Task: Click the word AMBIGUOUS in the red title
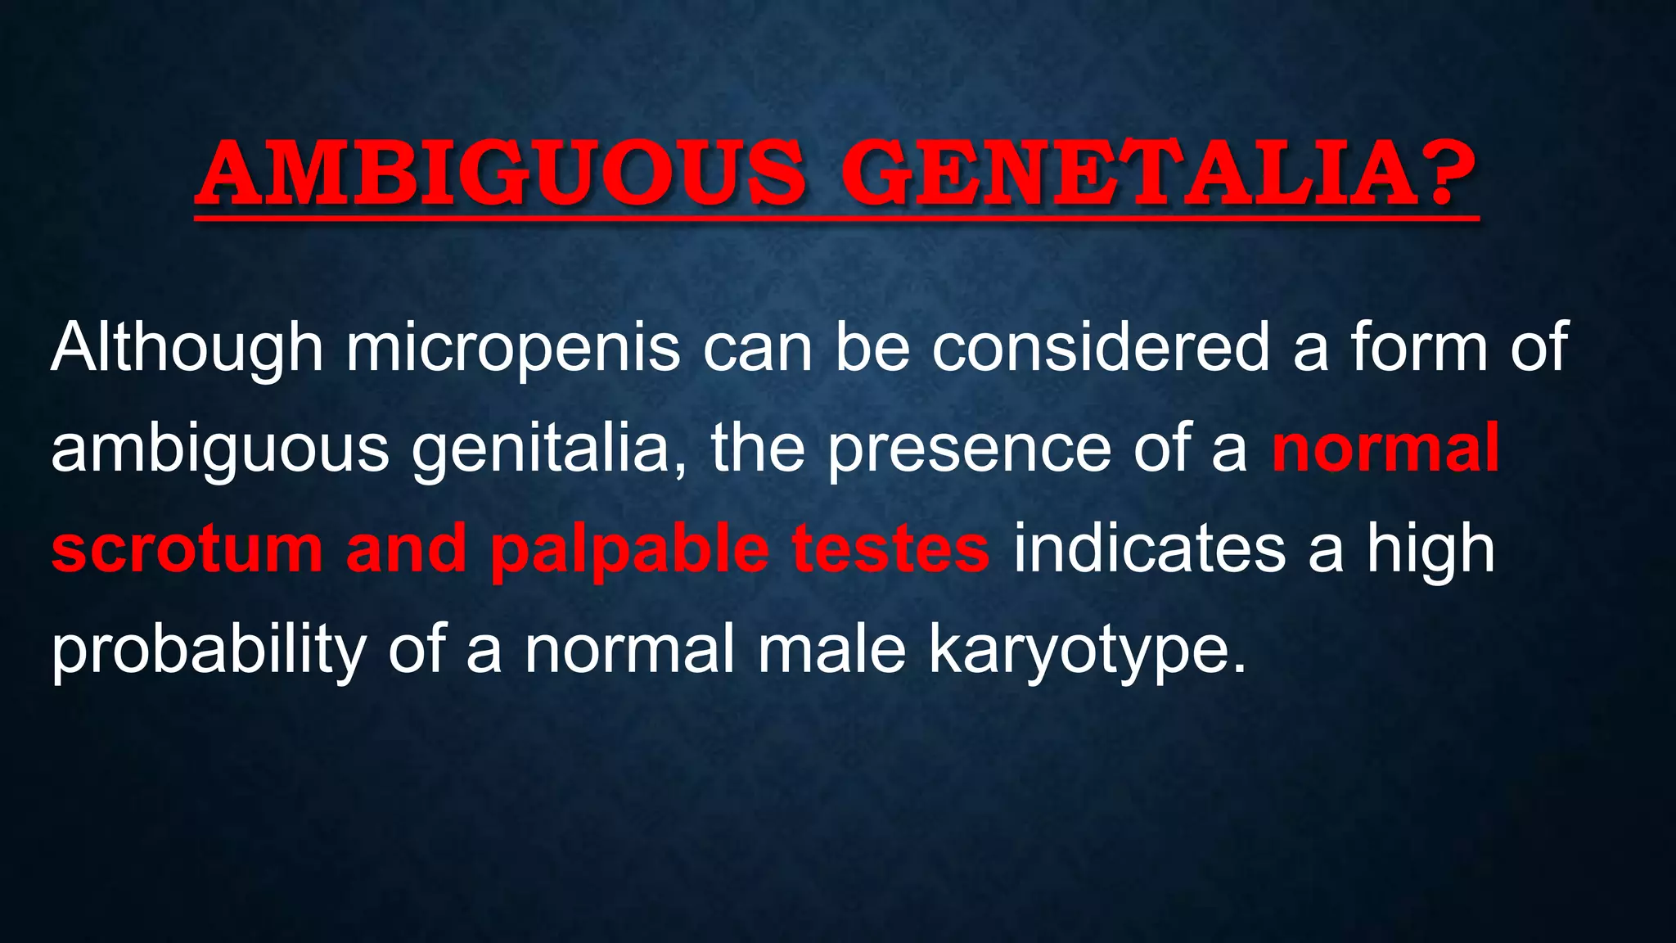500,174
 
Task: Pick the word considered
1101,348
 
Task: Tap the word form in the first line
1418,348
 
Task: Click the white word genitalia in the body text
540,450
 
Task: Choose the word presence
968,450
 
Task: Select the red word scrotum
187,549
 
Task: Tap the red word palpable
629,551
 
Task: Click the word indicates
1149,549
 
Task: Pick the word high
1430,551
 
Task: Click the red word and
406,549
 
